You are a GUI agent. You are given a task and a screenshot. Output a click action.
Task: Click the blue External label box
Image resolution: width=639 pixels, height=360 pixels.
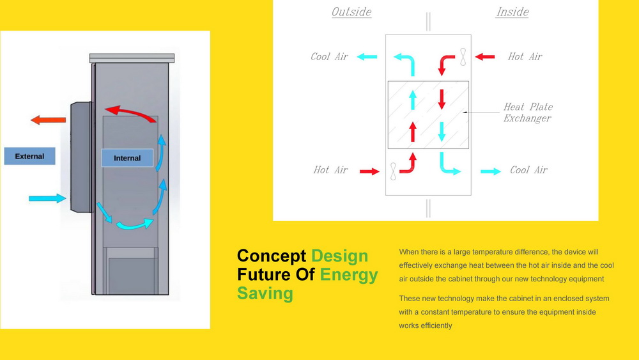(x=30, y=156)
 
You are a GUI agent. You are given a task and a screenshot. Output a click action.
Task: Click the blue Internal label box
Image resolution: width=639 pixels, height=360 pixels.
(x=127, y=158)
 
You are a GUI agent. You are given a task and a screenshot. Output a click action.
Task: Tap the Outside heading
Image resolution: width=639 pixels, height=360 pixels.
(x=351, y=12)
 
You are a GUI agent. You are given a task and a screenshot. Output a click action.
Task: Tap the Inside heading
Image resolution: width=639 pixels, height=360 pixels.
(x=512, y=12)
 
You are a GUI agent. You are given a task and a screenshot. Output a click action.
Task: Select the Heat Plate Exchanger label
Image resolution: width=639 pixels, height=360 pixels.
(x=528, y=112)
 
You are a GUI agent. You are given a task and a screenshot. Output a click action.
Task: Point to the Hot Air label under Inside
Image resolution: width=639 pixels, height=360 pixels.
(x=525, y=56)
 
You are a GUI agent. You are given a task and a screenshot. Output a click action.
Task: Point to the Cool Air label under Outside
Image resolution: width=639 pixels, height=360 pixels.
(x=329, y=56)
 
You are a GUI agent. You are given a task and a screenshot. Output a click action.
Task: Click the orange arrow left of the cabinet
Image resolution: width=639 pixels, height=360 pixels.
(x=48, y=120)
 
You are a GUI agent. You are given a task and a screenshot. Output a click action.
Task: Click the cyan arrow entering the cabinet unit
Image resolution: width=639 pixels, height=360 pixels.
(x=47, y=199)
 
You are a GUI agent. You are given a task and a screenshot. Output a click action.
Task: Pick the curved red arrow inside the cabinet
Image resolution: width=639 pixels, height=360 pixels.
(x=130, y=112)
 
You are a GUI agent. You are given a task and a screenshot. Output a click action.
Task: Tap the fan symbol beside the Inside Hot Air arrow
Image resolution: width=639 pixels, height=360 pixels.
(x=463, y=57)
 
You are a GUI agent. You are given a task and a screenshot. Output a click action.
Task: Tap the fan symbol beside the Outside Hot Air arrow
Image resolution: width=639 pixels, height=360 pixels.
(x=393, y=171)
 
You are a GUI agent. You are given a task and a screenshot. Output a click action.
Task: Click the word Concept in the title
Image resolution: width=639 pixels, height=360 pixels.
(x=272, y=256)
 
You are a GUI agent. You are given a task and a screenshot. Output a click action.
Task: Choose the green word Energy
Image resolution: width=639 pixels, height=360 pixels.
(x=349, y=275)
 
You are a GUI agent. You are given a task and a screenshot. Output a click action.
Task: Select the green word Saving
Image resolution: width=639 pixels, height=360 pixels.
(x=265, y=293)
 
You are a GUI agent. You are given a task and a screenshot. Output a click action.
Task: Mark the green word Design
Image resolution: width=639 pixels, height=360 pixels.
(x=339, y=256)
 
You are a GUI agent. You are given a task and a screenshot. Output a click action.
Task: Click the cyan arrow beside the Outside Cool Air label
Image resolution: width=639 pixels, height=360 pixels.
(x=367, y=57)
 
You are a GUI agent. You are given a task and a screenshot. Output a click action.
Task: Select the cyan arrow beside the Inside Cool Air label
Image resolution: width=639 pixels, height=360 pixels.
(x=491, y=171)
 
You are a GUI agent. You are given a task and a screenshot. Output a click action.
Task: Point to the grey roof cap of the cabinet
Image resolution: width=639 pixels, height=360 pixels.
(x=132, y=58)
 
